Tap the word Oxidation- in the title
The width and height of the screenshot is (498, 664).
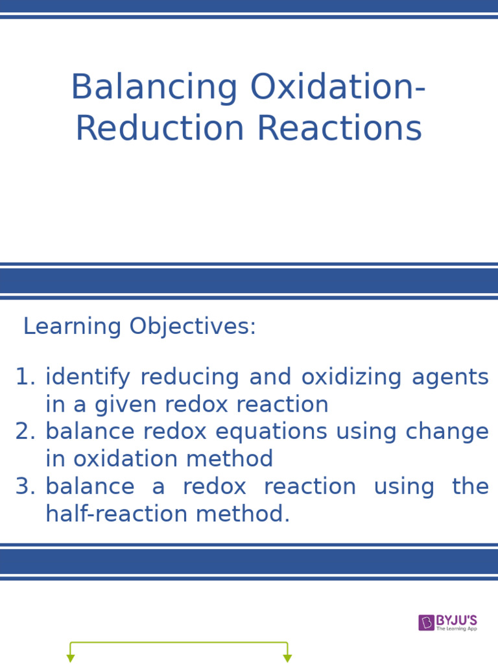(338, 88)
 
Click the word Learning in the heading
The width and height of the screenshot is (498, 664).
(72, 327)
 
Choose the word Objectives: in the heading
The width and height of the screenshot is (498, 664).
(193, 327)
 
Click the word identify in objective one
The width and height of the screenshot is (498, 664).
(88, 377)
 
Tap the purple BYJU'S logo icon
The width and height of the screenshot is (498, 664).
(426, 622)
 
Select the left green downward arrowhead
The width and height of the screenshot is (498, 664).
(71, 658)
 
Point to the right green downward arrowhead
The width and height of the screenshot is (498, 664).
(287, 658)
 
